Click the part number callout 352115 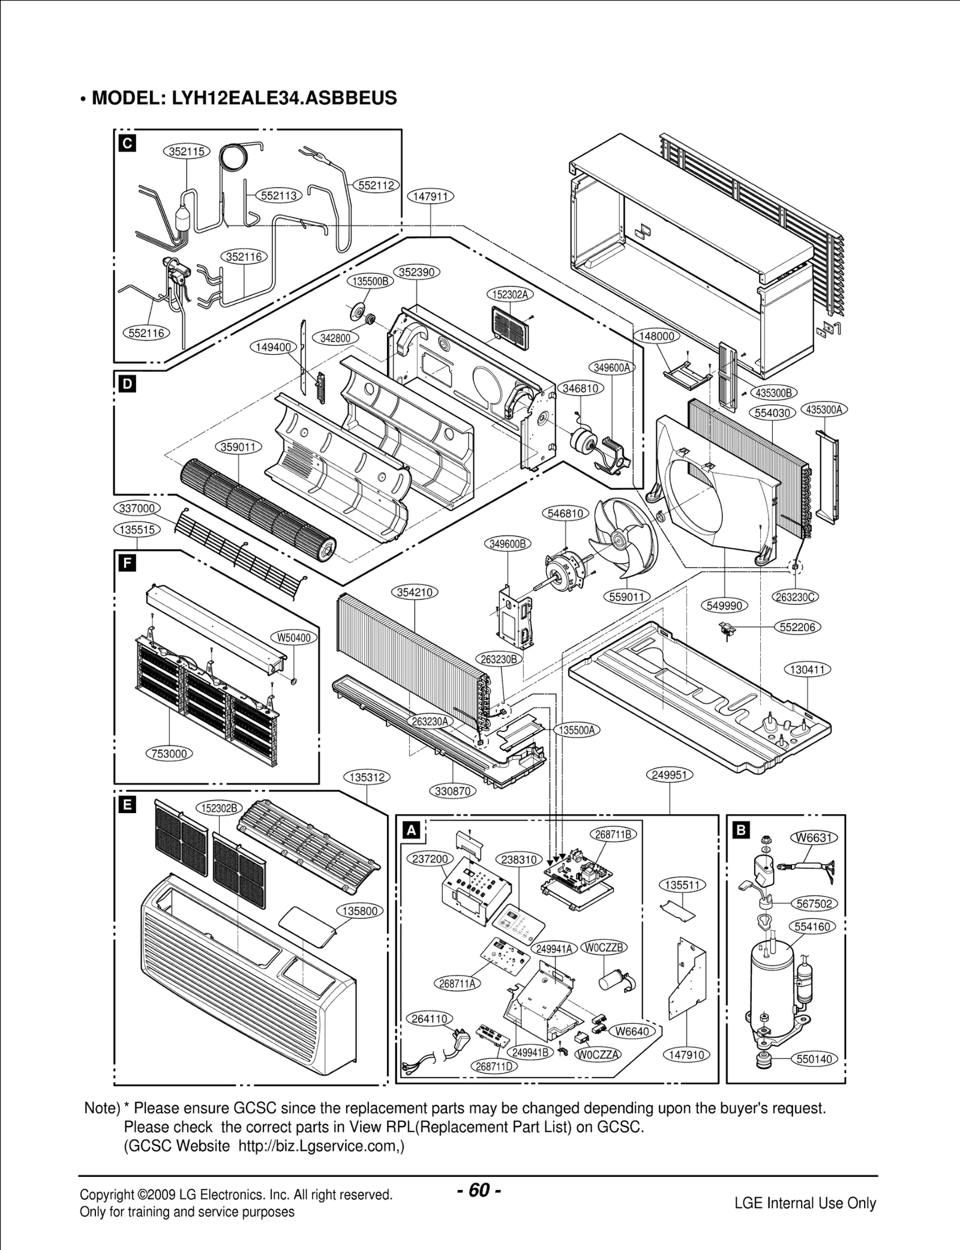pyautogui.click(x=187, y=152)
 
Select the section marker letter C pyautogui.click(x=127, y=143)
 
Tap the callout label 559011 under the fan pyautogui.click(x=626, y=596)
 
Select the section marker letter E pyautogui.click(x=127, y=805)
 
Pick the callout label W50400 pyautogui.click(x=294, y=637)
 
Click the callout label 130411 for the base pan pyautogui.click(x=807, y=669)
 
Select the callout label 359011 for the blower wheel pyautogui.click(x=238, y=448)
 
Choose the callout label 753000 pyautogui.click(x=170, y=753)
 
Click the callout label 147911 pyautogui.click(x=430, y=196)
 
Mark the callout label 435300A pyautogui.click(x=824, y=410)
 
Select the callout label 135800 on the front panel pyautogui.click(x=359, y=911)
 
